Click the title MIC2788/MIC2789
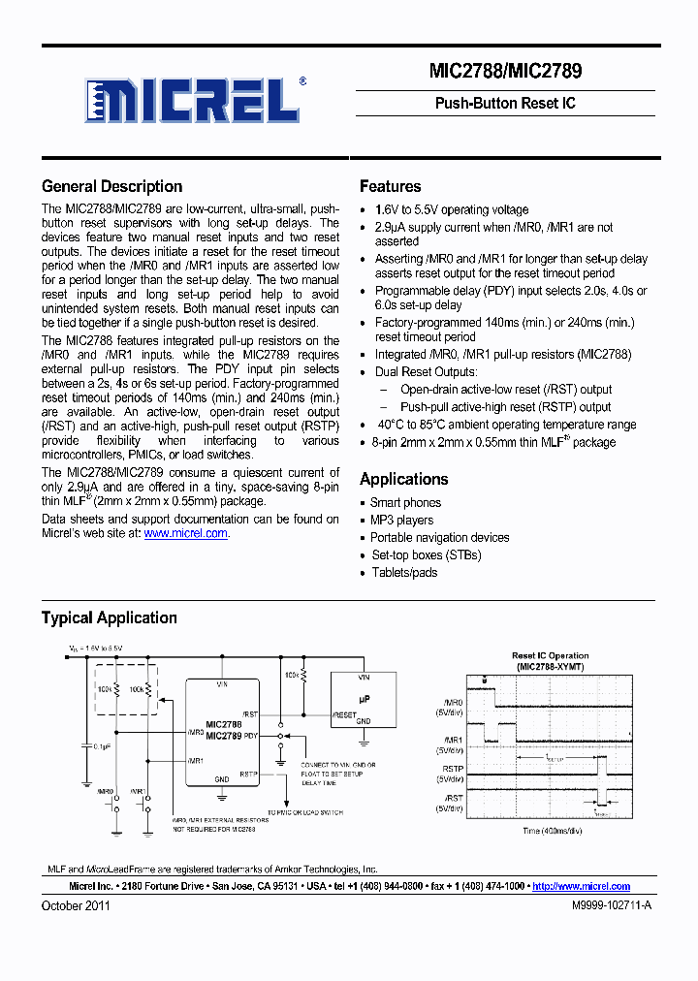(x=505, y=71)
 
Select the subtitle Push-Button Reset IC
(x=505, y=103)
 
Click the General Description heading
(x=111, y=186)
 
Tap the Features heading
(x=390, y=186)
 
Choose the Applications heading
(x=403, y=479)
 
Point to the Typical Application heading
(x=109, y=617)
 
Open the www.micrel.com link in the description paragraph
(x=186, y=533)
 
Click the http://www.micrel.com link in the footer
(x=581, y=886)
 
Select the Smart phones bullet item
(x=405, y=503)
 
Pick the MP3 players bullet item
(x=402, y=521)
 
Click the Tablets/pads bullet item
(x=404, y=573)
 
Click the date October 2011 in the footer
(x=76, y=905)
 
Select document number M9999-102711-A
(x=610, y=905)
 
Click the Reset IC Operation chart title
(x=550, y=656)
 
